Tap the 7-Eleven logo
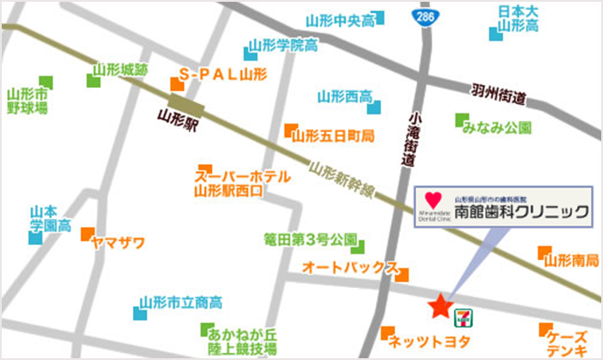coord(463,315)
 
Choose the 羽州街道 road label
coord(499,95)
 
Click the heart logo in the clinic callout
coord(432,200)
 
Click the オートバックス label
coord(348,266)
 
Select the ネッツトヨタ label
coord(431,340)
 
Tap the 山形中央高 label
coord(341,20)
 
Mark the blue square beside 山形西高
coord(376,107)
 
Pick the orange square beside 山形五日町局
coord(288,131)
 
